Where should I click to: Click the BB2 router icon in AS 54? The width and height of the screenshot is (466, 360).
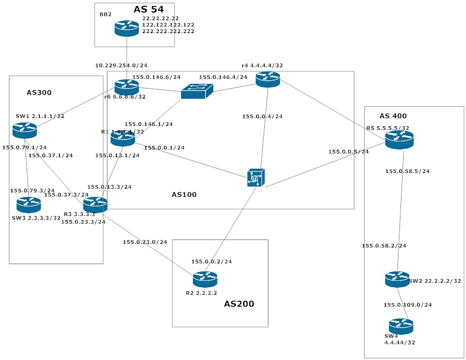[127, 28]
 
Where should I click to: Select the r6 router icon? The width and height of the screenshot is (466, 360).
[126, 87]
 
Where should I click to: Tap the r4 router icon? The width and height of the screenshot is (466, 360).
[268, 79]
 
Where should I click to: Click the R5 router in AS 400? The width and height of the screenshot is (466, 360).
[399, 139]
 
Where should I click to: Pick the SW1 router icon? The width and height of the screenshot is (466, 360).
[25, 130]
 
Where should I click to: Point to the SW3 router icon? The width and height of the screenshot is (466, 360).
[28, 204]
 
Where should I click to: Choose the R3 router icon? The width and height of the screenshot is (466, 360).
[95, 204]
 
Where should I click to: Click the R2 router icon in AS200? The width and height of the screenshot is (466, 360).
[205, 279]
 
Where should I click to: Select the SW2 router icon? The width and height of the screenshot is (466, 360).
[397, 279]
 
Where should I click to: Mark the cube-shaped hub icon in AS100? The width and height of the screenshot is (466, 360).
[256, 178]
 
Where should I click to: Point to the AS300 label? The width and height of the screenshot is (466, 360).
[39, 93]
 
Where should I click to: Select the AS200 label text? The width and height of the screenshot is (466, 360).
[239, 303]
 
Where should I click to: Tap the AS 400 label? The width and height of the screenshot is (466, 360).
[393, 116]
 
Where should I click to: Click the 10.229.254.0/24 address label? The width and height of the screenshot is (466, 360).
[121, 66]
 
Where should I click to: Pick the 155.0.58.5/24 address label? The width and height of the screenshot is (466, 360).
[407, 171]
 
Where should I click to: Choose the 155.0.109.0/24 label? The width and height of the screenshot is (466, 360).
[407, 304]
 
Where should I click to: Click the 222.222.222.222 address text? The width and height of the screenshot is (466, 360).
[168, 31]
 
